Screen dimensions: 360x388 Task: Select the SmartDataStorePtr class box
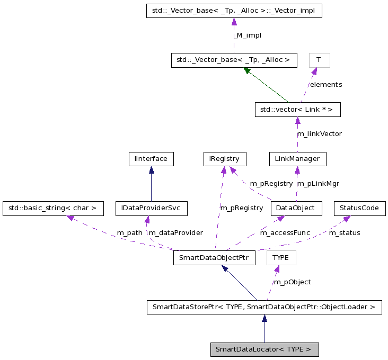click(x=264, y=307)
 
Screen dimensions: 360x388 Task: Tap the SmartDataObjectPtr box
click(x=214, y=258)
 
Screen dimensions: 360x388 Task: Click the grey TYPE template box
click(x=281, y=258)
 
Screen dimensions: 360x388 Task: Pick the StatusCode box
click(x=359, y=208)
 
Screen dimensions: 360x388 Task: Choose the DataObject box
click(x=296, y=208)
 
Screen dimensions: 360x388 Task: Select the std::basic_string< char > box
click(x=52, y=208)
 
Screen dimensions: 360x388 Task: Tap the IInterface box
click(x=152, y=158)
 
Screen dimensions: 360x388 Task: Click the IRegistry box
click(x=225, y=158)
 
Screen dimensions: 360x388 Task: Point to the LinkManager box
click(x=297, y=158)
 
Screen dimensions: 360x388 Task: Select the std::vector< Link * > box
click(x=297, y=110)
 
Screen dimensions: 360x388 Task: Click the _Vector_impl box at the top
click(x=234, y=10)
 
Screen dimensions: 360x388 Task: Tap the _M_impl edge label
click(x=248, y=35)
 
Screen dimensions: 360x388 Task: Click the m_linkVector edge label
click(x=319, y=134)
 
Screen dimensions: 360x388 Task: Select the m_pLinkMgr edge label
click(x=318, y=184)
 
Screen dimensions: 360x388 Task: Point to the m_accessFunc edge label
click(x=284, y=233)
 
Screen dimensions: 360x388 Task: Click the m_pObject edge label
click(x=292, y=282)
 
